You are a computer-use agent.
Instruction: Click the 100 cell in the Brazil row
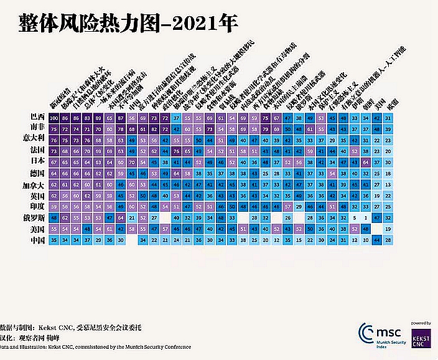(55, 117)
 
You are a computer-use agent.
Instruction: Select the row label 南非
(37, 128)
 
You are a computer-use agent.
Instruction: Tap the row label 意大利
(35, 140)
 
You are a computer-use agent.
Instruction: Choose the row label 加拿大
(35, 185)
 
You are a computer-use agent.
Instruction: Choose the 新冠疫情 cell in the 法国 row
(55, 151)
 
